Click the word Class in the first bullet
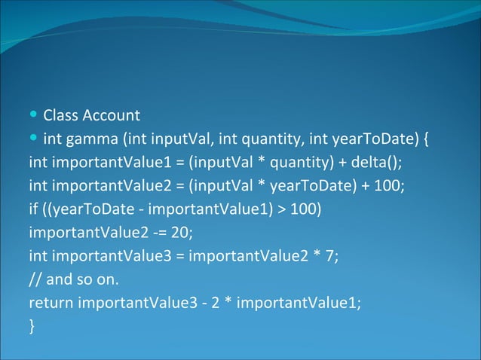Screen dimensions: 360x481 pyautogui.click(x=60, y=116)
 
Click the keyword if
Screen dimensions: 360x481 pyautogui.click(x=32, y=209)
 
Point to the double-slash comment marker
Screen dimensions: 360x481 pyautogui.click(x=35, y=279)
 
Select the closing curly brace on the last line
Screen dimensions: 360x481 pyautogui.click(x=32, y=326)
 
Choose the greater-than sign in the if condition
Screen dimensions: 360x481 pyautogui.click(x=280, y=209)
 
